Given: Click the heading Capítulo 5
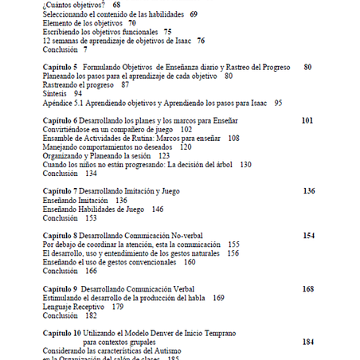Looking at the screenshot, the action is tap(60, 67).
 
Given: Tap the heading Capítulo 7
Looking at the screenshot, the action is tap(60, 191).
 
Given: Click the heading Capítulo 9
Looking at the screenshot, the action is tap(60, 288).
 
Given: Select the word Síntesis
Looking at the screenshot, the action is tap(56, 93).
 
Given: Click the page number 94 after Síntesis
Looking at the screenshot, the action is tap(77, 93).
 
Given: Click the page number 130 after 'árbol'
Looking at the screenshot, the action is tap(245, 163).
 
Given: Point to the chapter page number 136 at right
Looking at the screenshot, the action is tap(309, 191).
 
